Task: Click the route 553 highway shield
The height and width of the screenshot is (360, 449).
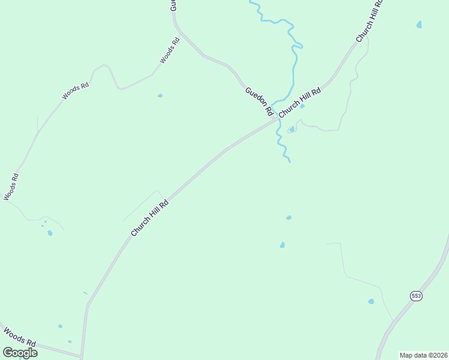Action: [416, 295]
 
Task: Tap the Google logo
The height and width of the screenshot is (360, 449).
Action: [20, 352]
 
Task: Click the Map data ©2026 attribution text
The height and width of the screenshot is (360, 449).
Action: [423, 355]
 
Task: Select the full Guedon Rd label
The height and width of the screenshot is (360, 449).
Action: [259, 102]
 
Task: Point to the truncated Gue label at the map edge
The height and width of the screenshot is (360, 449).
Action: [173, 6]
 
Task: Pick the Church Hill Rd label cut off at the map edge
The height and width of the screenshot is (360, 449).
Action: [369, 22]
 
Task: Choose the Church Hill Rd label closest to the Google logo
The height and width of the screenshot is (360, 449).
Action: [150, 218]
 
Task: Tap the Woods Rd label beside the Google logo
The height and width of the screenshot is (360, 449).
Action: [19, 337]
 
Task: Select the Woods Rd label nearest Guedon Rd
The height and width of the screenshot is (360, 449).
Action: [170, 52]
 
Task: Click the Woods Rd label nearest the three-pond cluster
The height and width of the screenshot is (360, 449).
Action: [11, 187]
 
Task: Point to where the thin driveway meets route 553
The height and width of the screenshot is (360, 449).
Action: [394, 322]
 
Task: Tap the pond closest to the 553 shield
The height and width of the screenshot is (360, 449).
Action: [371, 301]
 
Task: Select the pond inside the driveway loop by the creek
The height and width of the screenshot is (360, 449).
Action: [292, 128]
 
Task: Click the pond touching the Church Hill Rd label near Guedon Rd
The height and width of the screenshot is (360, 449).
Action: [303, 106]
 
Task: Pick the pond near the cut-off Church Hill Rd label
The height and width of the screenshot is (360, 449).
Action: [419, 25]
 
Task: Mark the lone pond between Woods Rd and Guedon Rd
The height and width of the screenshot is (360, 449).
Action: [160, 95]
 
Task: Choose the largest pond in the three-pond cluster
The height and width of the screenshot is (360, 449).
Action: [50, 233]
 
